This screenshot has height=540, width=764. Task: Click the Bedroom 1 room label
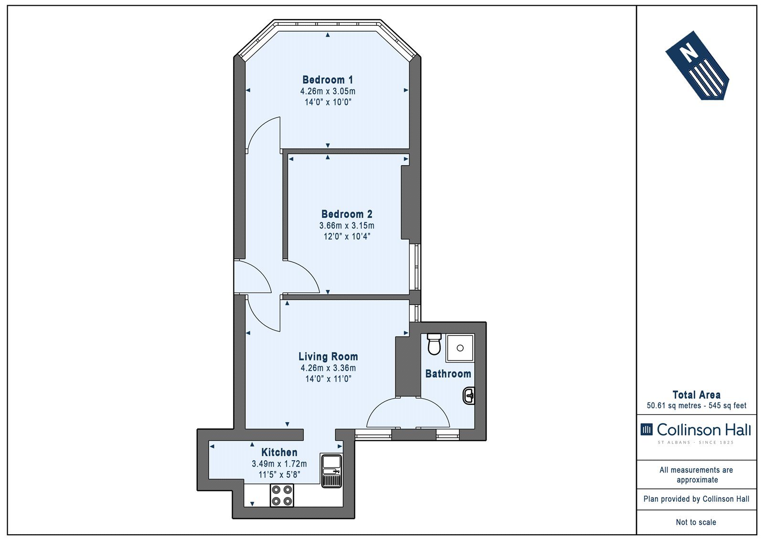click(328, 80)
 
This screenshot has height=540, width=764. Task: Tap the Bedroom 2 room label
click(347, 214)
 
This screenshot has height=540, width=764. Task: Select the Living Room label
click(328, 357)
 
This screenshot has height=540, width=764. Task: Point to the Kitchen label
click(279, 453)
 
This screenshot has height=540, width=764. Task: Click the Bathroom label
click(448, 374)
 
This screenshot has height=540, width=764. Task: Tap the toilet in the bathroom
click(434, 344)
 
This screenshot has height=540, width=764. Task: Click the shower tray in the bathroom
click(460, 348)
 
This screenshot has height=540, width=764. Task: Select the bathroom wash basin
click(469, 396)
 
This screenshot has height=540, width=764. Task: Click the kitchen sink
click(331, 470)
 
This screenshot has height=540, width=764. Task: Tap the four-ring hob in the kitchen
click(282, 495)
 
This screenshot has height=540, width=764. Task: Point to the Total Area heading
click(697, 395)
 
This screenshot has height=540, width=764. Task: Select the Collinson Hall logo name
click(704, 430)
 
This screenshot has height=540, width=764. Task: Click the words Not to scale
click(696, 522)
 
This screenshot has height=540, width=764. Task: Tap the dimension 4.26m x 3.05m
click(328, 91)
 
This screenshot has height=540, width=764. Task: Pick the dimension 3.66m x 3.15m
click(347, 226)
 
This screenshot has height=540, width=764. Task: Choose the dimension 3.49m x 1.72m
click(279, 464)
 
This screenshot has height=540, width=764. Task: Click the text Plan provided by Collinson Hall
click(697, 499)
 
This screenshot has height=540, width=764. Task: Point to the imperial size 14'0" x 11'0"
click(328, 379)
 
